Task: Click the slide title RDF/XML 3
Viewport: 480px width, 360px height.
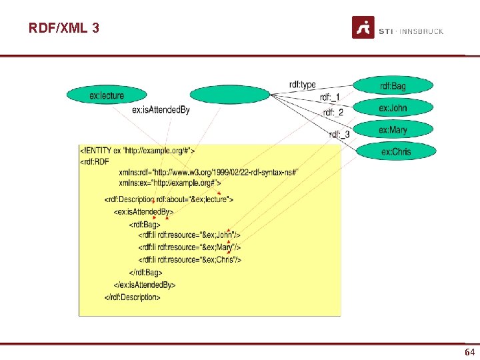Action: point(63,28)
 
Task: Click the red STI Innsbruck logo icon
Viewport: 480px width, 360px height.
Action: point(363,27)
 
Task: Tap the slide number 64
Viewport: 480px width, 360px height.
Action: point(469,351)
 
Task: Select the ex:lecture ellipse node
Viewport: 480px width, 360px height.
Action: point(106,95)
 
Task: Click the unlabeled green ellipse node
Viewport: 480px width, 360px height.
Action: point(230,95)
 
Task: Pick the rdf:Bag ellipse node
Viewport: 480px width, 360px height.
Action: point(393,86)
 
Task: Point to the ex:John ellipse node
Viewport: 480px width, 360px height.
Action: point(393,108)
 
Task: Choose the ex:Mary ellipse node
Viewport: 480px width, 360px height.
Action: point(393,130)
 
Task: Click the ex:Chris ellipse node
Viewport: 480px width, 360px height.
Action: point(396,151)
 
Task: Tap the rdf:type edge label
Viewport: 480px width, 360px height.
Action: point(302,85)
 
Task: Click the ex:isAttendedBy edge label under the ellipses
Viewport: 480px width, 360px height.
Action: point(161,110)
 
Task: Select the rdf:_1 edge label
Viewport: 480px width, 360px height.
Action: point(330,97)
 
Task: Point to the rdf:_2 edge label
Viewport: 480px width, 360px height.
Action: point(333,112)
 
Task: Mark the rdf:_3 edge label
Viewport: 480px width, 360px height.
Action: point(339,135)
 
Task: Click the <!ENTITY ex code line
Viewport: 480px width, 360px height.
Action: point(137,149)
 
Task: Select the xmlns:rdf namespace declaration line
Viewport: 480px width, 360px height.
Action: point(208,173)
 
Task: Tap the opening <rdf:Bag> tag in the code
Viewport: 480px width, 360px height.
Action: point(145,225)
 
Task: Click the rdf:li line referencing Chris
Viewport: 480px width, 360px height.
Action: point(190,259)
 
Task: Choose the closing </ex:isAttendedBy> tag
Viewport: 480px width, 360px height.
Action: point(144,285)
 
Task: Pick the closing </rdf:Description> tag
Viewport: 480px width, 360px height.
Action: point(132,297)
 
